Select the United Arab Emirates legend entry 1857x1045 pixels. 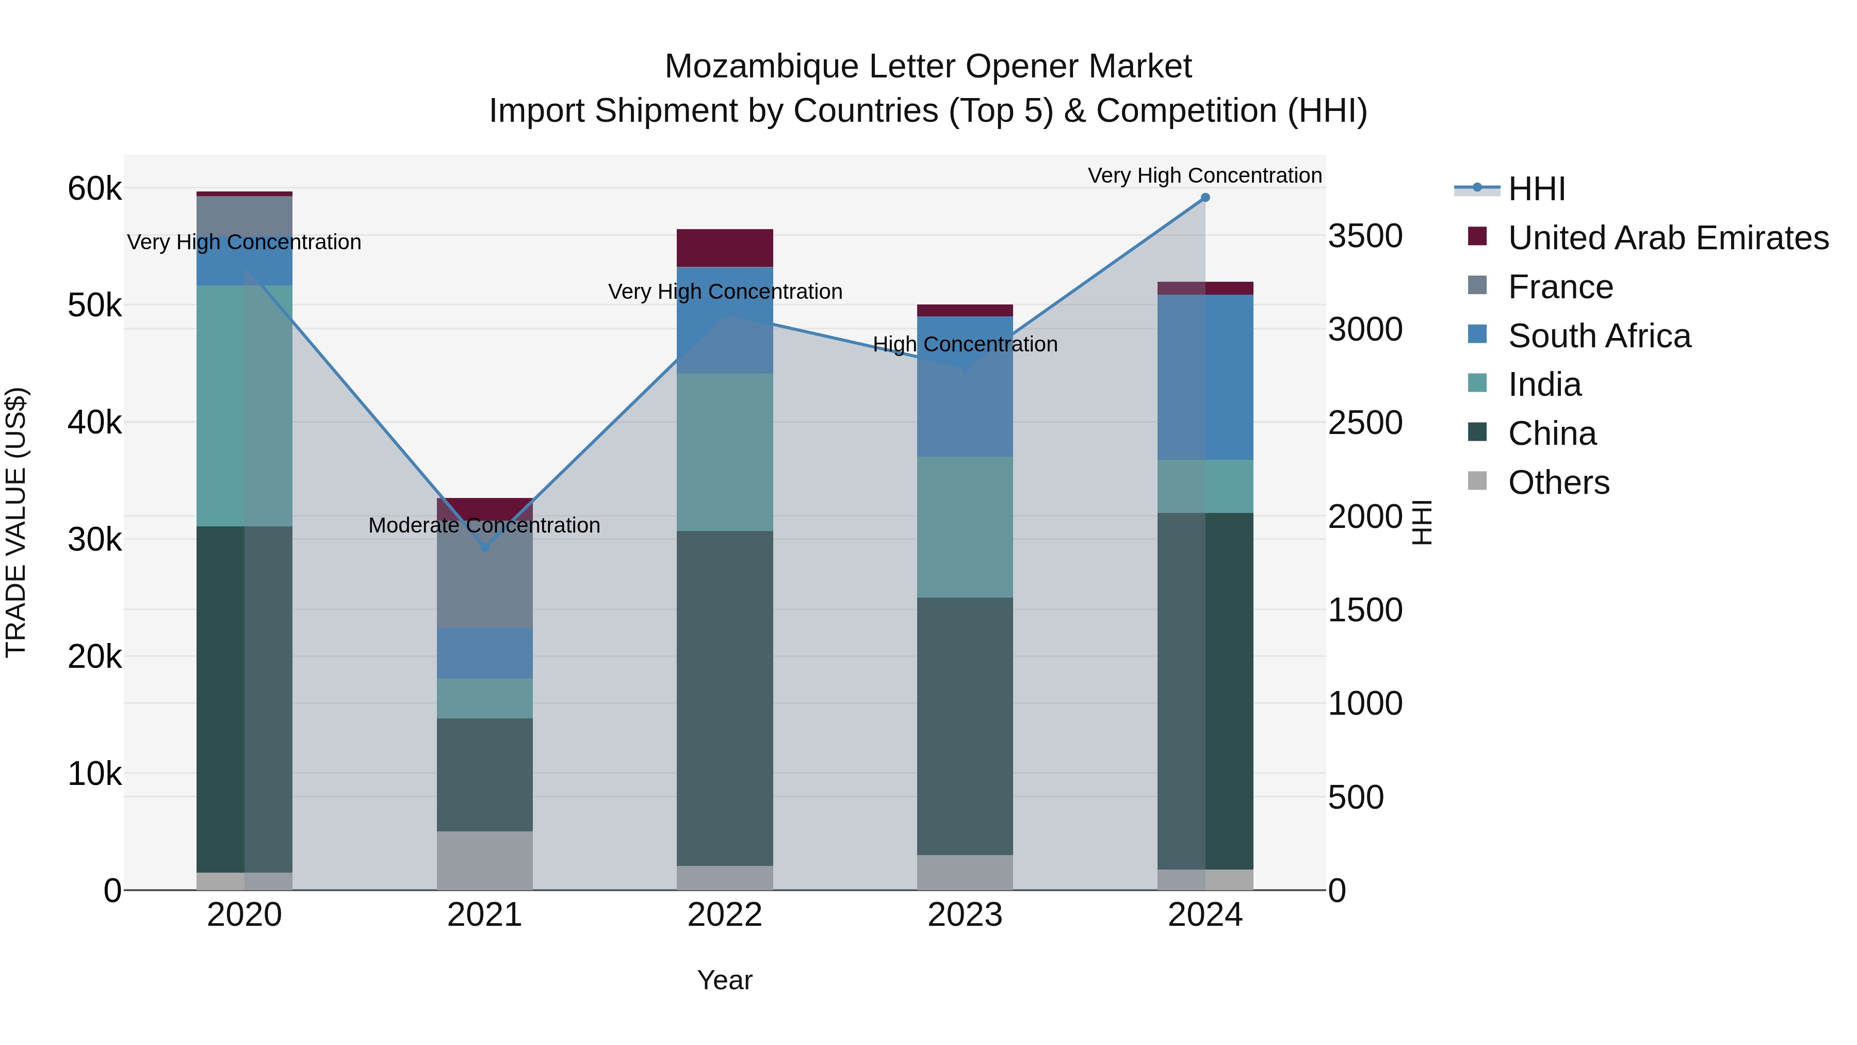point(1667,238)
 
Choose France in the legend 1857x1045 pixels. point(1560,287)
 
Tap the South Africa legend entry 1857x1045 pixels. point(1599,336)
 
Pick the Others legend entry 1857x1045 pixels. point(1558,483)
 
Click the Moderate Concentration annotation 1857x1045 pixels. point(484,526)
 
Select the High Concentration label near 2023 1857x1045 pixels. point(965,345)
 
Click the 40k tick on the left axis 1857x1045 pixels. point(94,423)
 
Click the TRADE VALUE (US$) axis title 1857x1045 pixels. point(17,522)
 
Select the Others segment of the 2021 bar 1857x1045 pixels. point(484,860)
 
